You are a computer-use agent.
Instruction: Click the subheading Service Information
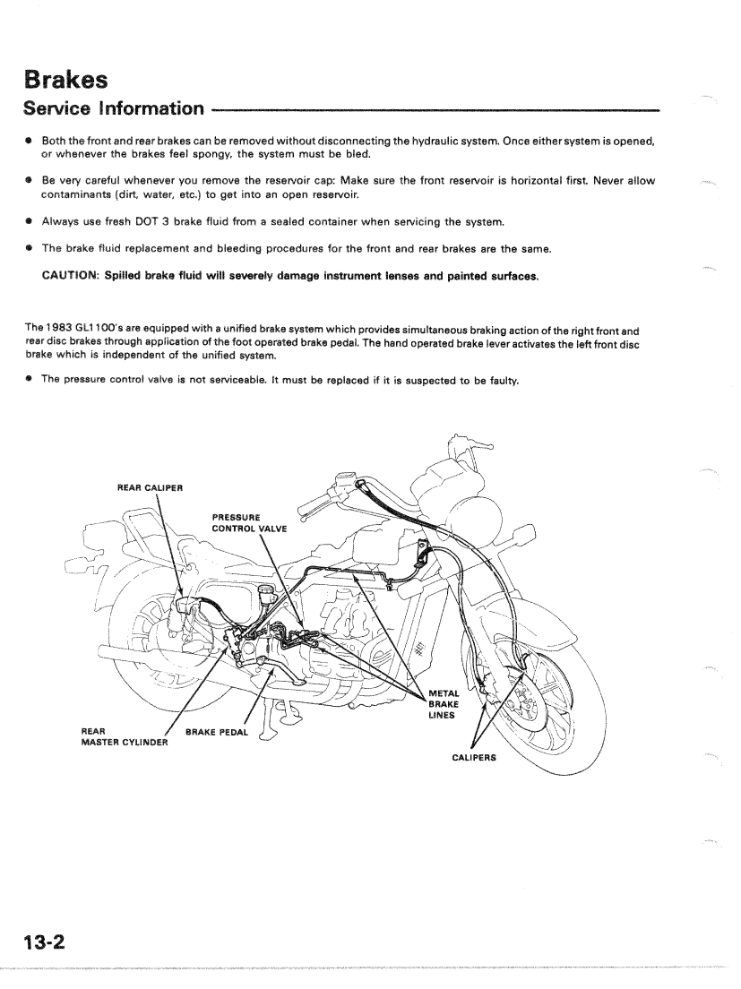pos(114,109)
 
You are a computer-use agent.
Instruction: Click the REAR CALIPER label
pos(150,487)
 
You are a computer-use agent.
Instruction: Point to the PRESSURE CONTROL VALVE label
pos(248,522)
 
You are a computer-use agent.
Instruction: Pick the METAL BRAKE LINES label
pos(444,703)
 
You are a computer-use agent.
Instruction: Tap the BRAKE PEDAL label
pos(216,732)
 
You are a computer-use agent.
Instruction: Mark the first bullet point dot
pos(30,142)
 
